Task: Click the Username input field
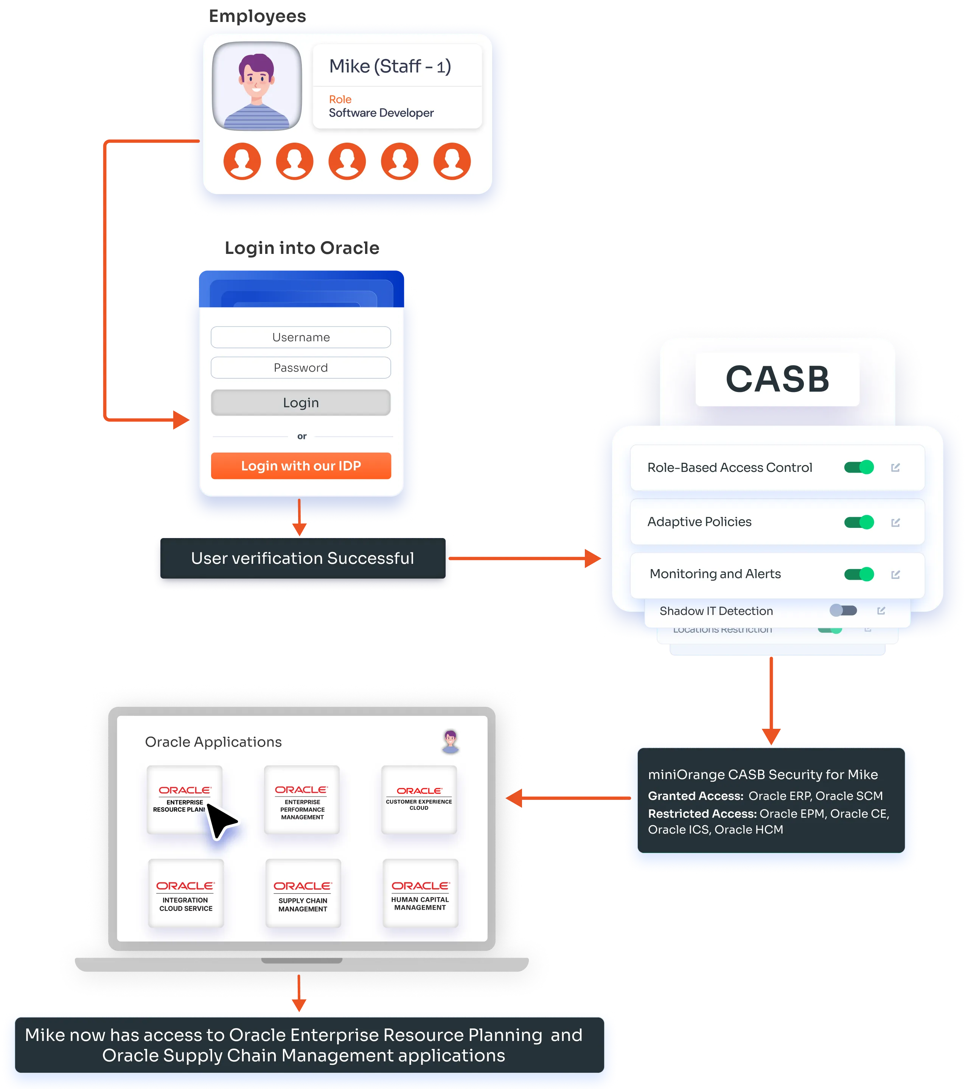click(300, 337)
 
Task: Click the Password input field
click(300, 368)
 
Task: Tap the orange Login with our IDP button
click(300, 466)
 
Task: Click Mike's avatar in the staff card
click(257, 86)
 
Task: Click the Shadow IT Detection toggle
click(843, 611)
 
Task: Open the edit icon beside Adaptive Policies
click(895, 522)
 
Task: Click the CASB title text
click(777, 380)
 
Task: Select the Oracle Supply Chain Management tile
click(303, 893)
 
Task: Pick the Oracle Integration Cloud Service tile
click(185, 893)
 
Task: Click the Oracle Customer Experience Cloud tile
click(419, 799)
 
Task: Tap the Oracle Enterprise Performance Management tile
click(302, 799)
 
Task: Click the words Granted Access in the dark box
click(695, 796)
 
